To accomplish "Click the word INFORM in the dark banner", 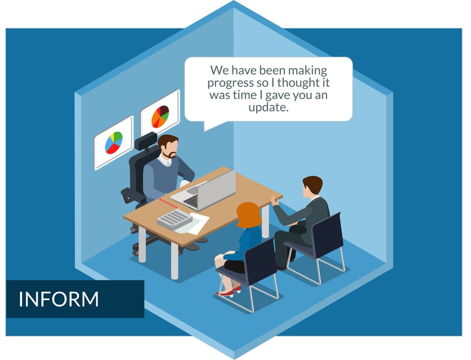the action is [59, 299].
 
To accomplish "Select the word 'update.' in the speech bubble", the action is [268, 108].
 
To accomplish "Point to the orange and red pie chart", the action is [160, 116].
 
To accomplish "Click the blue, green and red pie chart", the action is [114, 142].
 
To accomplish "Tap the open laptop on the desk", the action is [204, 190].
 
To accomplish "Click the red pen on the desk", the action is [168, 203].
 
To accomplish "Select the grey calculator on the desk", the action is [175, 220].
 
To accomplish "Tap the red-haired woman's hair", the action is [249, 215].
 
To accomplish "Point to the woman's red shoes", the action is [229, 292].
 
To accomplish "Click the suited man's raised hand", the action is [275, 200].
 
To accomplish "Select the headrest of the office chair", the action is [146, 141].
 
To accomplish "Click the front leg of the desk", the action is [175, 261].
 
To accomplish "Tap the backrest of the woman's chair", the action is [260, 261].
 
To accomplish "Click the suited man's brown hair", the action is [313, 184].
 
